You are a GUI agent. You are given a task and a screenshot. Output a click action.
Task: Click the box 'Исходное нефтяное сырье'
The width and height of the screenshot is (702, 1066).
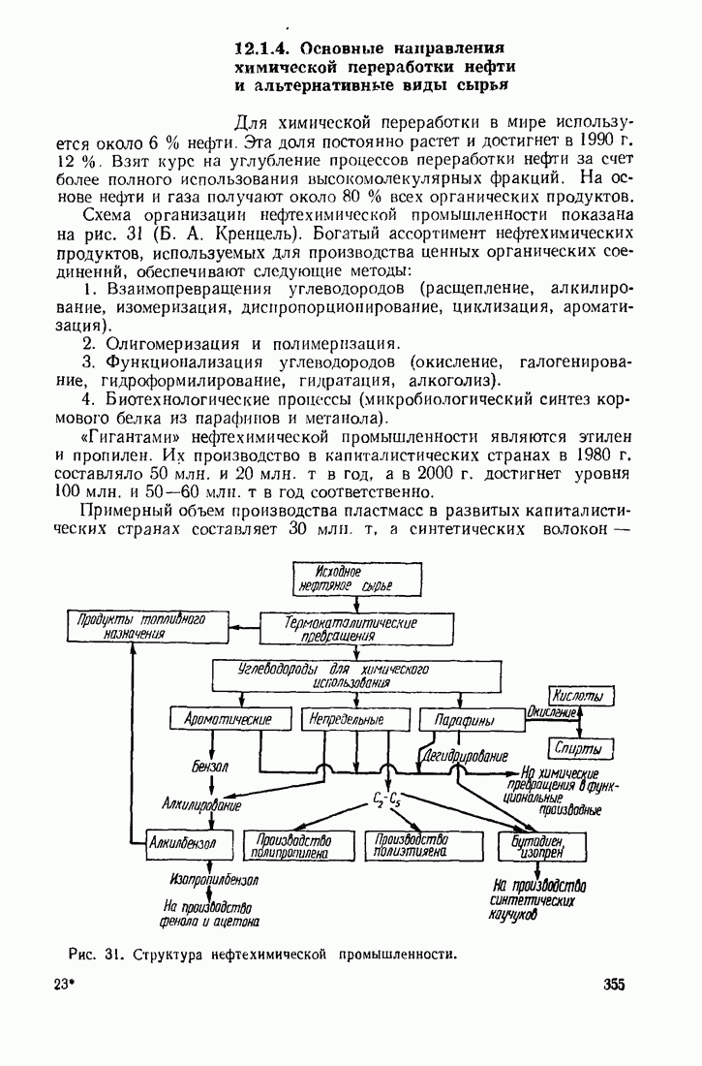(356, 580)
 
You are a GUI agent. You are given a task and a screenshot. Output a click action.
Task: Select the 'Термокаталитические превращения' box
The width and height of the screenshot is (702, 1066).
(356, 628)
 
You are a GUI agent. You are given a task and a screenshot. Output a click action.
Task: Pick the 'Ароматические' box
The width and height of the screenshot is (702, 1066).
(229, 720)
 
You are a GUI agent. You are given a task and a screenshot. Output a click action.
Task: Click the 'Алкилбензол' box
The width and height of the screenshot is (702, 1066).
(189, 844)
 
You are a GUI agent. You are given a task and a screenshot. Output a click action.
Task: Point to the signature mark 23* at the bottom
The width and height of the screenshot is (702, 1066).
(63, 985)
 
